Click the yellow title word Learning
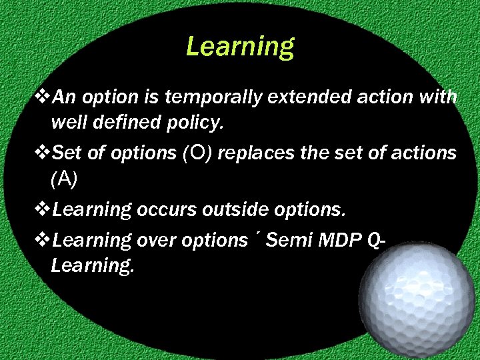(239, 47)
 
